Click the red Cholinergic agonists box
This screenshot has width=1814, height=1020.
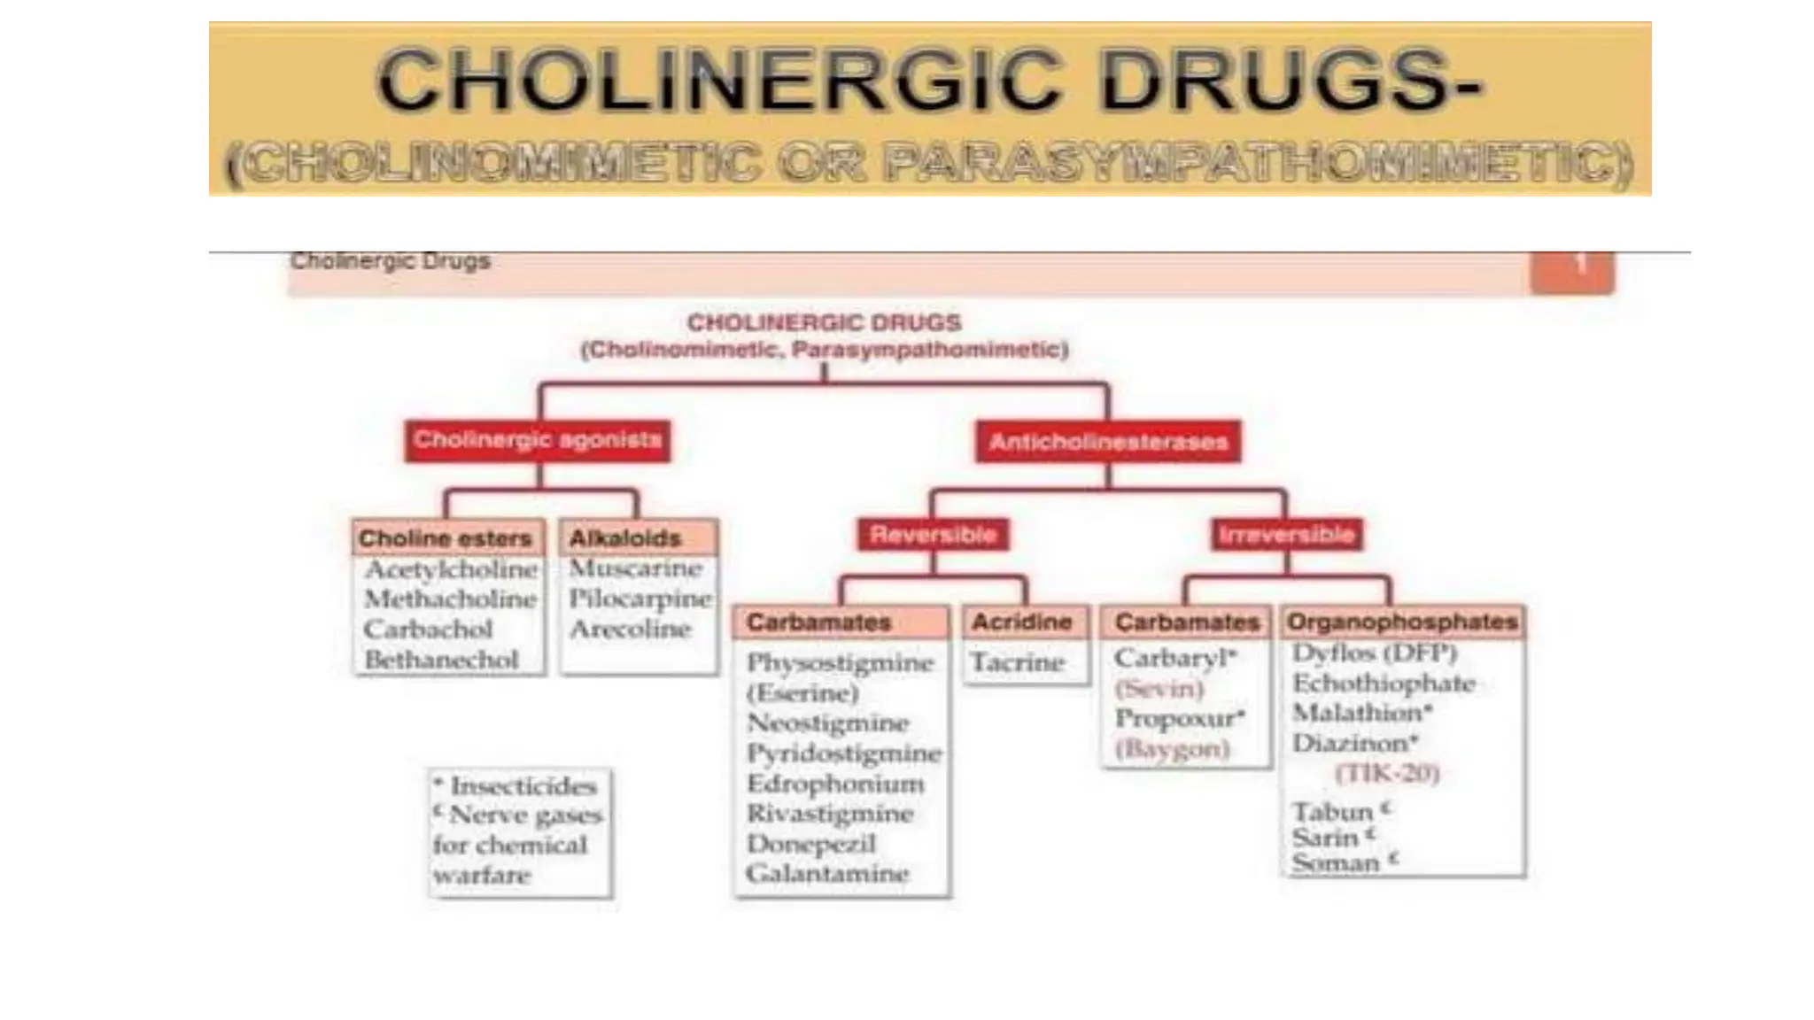tap(538, 440)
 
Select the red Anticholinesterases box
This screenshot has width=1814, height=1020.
tap(1108, 441)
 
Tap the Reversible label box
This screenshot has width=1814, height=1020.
tap(933, 535)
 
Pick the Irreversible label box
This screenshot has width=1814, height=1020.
tap(1286, 535)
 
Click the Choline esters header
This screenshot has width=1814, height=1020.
tap(446, 538)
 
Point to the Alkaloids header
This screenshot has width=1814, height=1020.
tap(625, 538)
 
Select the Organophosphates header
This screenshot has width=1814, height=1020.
tap(1402, 622)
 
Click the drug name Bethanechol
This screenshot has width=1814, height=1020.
tap(441, 661)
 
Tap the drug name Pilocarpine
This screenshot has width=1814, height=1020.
tap(640, 599)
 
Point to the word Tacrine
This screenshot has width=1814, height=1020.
tap(1017, 662)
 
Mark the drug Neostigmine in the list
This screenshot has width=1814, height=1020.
tap(827, 723)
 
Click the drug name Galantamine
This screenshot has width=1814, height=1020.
tap(827, 874)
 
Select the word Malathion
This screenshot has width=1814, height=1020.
tap(1357, 713)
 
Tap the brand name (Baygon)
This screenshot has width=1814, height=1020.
tap(1172, 750)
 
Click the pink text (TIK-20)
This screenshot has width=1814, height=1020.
tap(1387, 774)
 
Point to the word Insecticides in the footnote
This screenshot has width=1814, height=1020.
tap(523, 786)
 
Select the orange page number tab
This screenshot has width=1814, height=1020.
tap(1572, 270)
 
